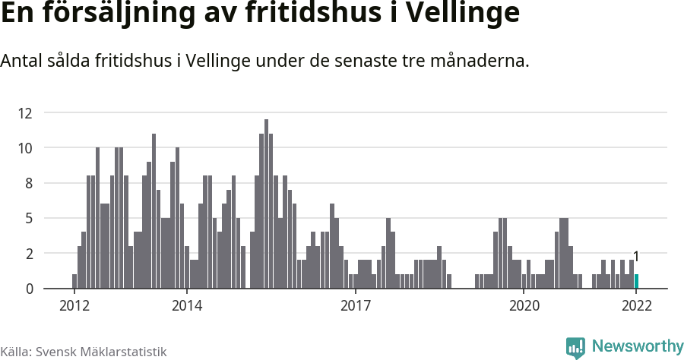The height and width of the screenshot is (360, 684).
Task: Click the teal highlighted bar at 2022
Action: pos(636,281)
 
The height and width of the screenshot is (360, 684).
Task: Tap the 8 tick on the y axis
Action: pos(28,183)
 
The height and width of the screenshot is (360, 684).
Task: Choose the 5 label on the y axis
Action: pos(28,218)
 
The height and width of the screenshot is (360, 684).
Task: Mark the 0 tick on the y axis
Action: pos(28,289)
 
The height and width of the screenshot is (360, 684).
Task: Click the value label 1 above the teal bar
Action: pos(636,257)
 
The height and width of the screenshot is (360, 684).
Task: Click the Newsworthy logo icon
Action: pos(575,347)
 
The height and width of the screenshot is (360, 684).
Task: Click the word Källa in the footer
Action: pos(15,352)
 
